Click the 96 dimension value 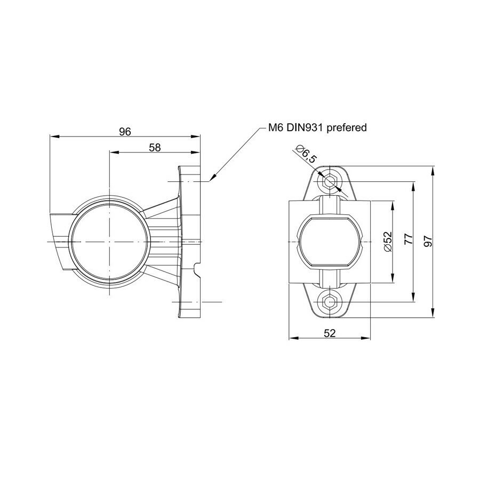(125, 132)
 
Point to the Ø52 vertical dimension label (388, 242)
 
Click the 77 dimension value (408, 240)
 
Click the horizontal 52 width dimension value (330, 333)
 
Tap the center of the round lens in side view (109, 242)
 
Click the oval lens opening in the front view (330, 242)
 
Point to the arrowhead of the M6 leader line (212, 179)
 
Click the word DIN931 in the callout (307, 128)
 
